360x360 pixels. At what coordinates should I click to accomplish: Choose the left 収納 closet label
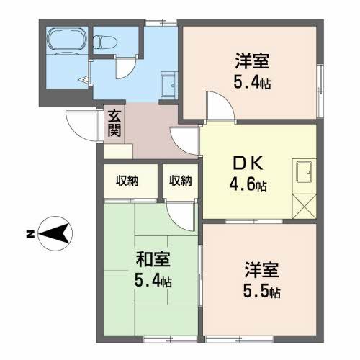pos(127,180)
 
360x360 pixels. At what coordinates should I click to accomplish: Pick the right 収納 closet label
pos(181,180)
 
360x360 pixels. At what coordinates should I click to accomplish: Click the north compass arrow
pos(55,232)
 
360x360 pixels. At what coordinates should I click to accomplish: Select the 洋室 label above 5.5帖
pos(260,272)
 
